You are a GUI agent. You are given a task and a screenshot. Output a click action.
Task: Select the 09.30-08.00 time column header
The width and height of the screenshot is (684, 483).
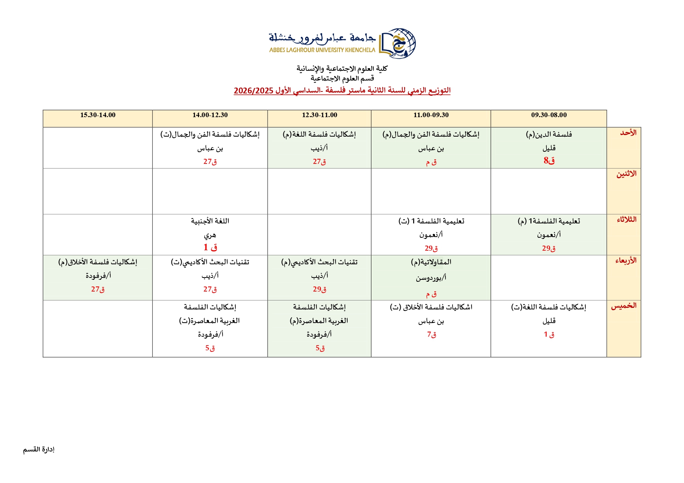tap(549, 115)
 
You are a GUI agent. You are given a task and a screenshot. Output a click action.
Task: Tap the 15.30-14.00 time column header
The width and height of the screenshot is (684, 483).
tap(98, 115)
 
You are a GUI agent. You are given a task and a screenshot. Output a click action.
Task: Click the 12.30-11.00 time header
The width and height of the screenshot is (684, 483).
tap(320, 115)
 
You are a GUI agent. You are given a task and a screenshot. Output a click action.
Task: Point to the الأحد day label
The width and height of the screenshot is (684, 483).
tap(628, 133)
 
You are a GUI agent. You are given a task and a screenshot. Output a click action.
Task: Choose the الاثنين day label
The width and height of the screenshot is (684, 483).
tap(626, 174)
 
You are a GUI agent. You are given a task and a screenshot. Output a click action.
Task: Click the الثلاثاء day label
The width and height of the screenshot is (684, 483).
tap(626, 220)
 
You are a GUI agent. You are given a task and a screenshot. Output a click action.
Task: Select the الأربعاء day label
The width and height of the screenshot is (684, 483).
tap(626, 261)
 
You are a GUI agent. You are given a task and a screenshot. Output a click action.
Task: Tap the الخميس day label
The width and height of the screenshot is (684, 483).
tap(624, 306)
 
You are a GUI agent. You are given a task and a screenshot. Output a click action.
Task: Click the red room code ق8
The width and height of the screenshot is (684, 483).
tap(549, 160)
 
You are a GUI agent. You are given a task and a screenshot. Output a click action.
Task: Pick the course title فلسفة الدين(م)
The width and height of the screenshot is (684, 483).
tap(549, 135)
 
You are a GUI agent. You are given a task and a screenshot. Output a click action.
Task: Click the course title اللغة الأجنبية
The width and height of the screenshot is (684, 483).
tap(210, 221)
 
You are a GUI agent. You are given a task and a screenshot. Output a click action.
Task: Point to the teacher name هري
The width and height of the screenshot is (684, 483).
tap(210, 235)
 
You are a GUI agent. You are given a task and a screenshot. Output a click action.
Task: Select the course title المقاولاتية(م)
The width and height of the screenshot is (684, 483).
tap(431, 262)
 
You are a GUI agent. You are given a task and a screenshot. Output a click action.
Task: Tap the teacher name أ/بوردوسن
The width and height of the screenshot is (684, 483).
tap(431, 278)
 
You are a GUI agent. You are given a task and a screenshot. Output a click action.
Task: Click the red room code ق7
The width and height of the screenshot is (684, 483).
tap(431, 334)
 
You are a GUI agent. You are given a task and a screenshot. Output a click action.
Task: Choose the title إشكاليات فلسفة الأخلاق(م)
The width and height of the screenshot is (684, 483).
tap(98, 262)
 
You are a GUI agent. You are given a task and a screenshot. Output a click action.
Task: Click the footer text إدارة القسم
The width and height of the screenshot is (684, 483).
tap(39, 450)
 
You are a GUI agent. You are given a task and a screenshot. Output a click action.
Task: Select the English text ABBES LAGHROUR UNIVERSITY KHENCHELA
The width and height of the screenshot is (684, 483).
tap(322, 50)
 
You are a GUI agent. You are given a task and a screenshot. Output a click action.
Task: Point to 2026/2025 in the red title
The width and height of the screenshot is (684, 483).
tap(253, 91)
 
